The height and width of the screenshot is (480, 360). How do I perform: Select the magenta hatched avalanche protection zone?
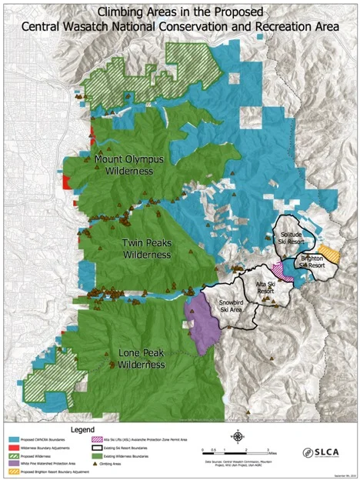(x=280, y=270)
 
